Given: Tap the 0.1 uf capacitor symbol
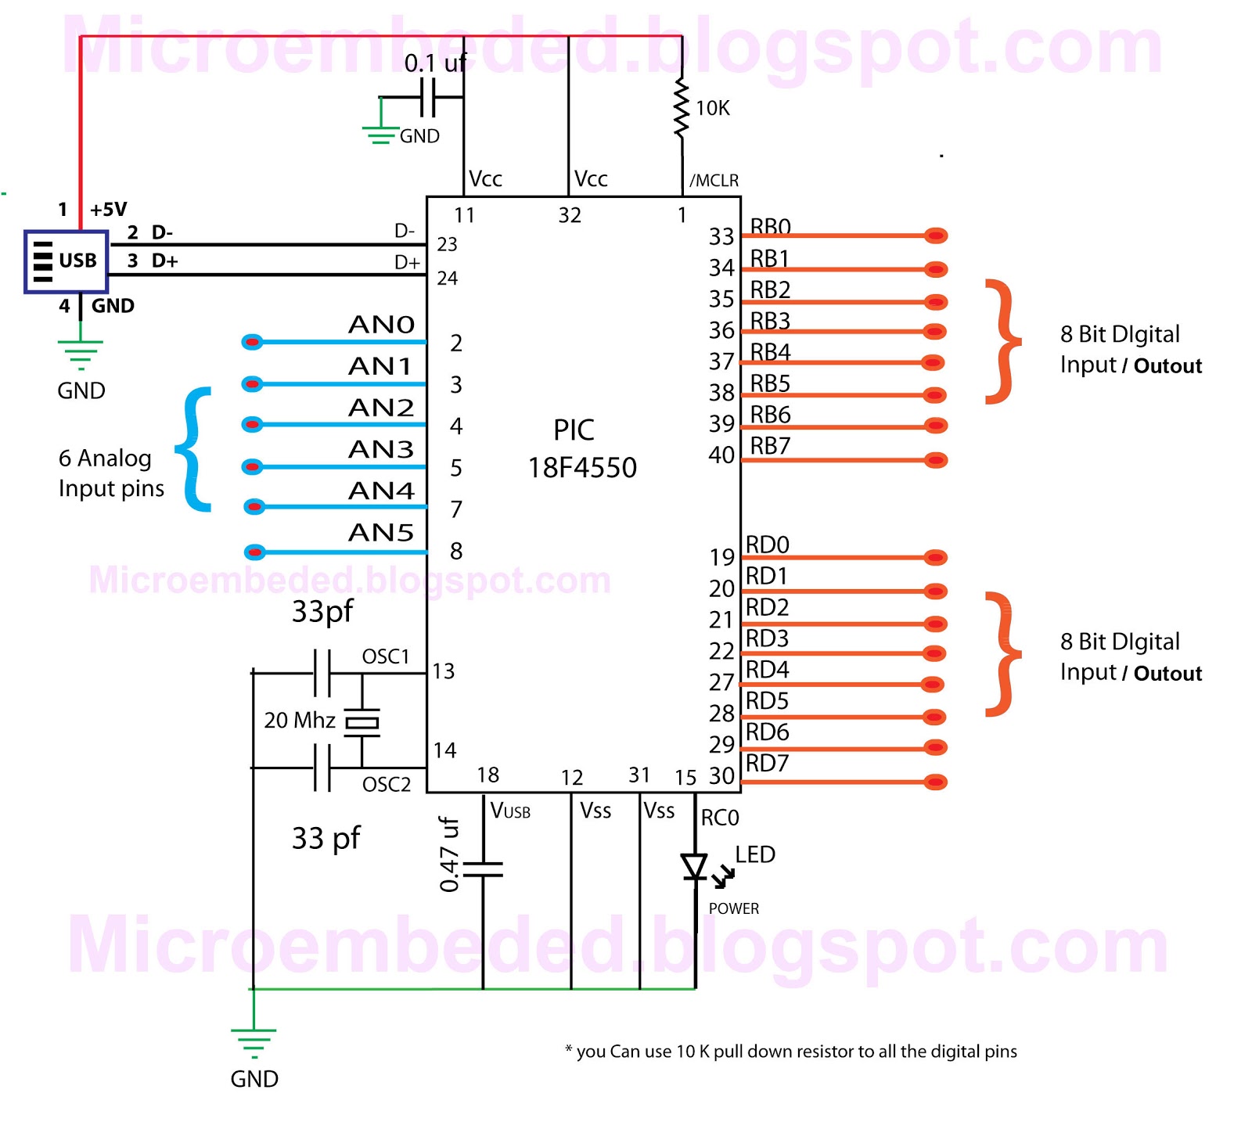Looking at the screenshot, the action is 428,98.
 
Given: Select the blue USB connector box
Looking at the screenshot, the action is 66,261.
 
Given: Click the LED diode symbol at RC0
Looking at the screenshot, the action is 694,867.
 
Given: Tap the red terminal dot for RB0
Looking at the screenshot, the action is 936,236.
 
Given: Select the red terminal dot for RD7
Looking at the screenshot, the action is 936,782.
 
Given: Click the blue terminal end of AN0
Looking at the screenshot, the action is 252,342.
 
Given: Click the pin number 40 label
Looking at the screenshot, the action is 721,455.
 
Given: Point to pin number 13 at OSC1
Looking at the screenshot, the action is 443,671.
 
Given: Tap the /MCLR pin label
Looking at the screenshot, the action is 714,181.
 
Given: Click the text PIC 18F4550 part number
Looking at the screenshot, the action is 581,448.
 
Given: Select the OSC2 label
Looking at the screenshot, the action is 387,784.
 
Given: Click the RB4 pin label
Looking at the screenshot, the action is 770,352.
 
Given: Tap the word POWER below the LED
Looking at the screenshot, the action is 734,908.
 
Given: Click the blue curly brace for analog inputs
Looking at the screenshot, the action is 194,449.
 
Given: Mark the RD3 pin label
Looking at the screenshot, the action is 767,638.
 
